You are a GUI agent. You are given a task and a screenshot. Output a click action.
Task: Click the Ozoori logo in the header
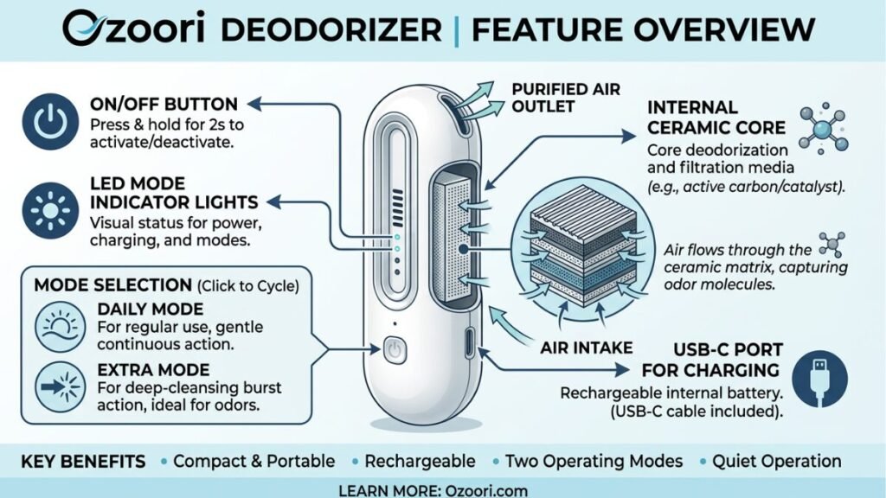[x=134, y=29]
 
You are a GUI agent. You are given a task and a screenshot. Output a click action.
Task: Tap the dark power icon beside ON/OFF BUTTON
[x=50, y=122]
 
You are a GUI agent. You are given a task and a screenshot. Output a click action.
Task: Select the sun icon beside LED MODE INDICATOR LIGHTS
[x=50, y=211]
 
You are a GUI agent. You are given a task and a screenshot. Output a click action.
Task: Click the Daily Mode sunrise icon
[x=61, y=327]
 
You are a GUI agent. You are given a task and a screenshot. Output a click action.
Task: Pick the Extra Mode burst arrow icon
[x=61, y=387]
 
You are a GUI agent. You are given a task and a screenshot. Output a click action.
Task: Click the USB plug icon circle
[x=819, y=379]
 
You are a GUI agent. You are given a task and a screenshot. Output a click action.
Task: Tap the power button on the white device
[x=395, y=350]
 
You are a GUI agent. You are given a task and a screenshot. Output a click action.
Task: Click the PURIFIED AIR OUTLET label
[x=566, y=98]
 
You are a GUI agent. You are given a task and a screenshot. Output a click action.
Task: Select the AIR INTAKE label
[x=587, y=348]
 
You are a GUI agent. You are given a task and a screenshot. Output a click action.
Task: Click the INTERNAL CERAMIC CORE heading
[x=716, y=118]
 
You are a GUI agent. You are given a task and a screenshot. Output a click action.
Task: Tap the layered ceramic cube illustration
[x=584, y=252]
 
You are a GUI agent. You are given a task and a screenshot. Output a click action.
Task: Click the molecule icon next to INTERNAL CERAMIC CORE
[x=824, y=129]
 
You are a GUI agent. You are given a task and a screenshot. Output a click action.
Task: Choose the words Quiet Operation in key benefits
[x=776, y=462]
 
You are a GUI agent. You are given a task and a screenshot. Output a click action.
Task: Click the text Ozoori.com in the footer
[x=486, y=490]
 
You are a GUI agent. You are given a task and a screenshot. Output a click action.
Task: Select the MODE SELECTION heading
[x=113, y=285]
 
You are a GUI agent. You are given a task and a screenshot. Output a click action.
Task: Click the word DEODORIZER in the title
[x=331, y=29]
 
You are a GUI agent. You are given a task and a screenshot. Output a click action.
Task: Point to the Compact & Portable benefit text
[x=254, y=462]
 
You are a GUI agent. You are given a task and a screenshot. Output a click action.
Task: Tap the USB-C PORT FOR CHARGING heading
[x=711, y=361]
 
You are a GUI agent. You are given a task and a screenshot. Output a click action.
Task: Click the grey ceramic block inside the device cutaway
[x=450, y=240]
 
